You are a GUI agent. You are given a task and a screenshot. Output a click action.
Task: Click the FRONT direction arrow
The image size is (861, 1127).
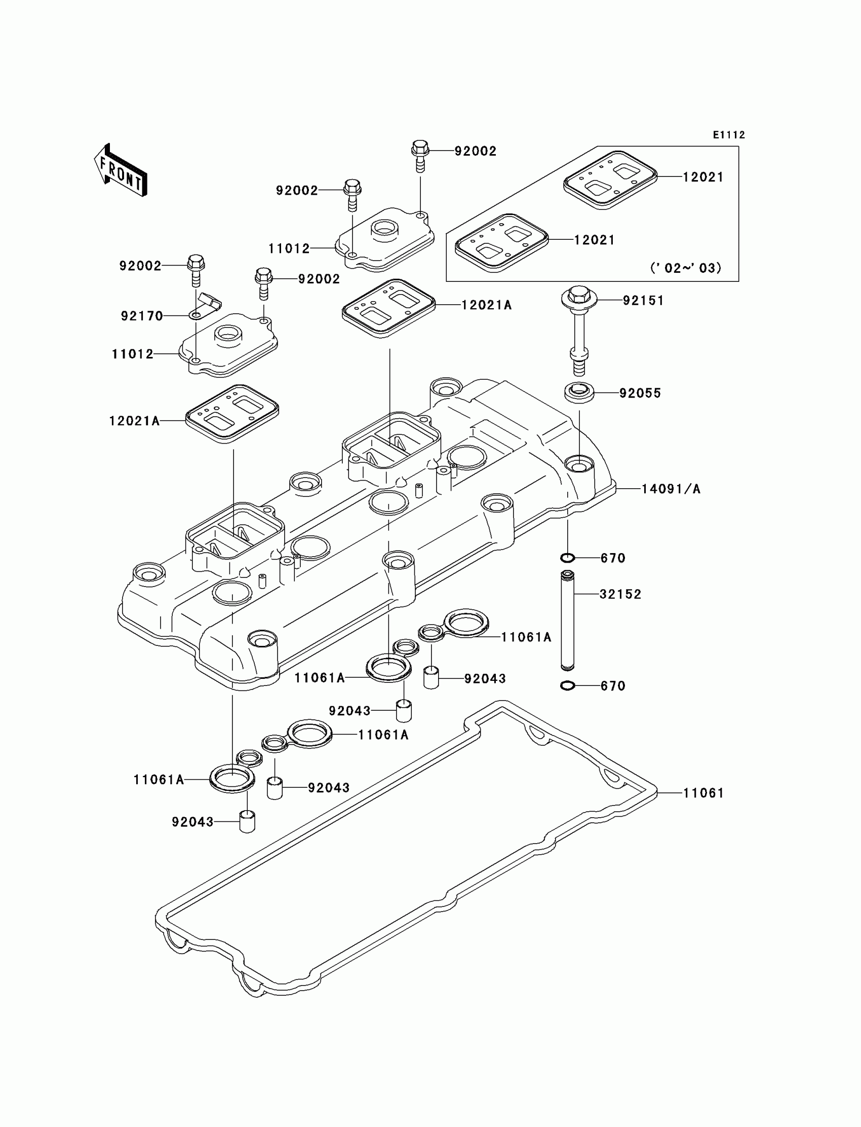(121, 171)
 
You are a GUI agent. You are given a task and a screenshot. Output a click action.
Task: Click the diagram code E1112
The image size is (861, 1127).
(728, 135)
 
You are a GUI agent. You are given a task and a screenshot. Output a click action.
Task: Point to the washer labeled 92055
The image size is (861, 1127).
(579, 392)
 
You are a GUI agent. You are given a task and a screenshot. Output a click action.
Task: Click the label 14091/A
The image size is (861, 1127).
(671, 489)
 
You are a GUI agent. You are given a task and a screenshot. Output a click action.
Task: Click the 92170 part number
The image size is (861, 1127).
(142, 316)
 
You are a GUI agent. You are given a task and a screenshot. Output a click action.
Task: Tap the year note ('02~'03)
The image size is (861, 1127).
(686, 268)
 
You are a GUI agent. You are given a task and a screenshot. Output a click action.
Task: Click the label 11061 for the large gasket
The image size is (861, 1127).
(703, 793)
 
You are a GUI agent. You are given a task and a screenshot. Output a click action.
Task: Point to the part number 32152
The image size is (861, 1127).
(620, 594)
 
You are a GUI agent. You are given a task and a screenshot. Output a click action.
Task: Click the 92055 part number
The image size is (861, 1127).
(640, 393)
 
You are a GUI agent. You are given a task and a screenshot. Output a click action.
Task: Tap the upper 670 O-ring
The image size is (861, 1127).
(567, 558)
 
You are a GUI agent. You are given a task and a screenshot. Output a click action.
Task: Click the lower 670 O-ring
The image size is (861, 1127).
(567, 686)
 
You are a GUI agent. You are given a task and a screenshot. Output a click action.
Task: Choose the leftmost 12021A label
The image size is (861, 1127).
(134, 421)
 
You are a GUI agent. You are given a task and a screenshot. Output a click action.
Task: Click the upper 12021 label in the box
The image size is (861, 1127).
(702, 177)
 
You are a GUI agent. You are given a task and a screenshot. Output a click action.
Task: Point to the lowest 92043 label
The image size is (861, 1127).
(192, 822)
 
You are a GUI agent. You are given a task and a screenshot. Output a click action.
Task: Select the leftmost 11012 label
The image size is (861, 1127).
(133, 354)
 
